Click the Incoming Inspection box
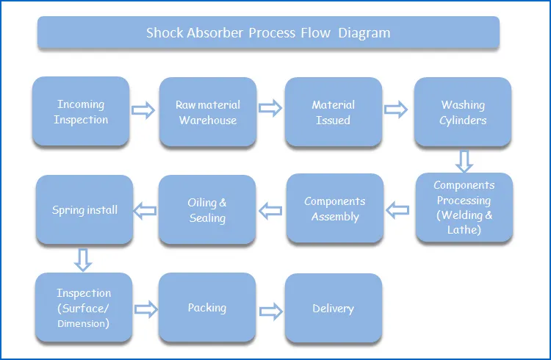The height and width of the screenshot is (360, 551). click(x=81, y=112)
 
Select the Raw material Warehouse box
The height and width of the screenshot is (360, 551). click(x=208, y=112)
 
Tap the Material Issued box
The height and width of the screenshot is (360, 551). click(x=334, y=112)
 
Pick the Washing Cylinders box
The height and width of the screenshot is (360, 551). click(x=463, y=112)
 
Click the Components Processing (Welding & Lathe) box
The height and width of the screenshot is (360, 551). click(x=464, y=208)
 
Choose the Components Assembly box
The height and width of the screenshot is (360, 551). click(x=335, y=209)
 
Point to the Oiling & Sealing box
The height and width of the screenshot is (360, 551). click(x=207, y=209)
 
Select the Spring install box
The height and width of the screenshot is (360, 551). click(x=84, y=210)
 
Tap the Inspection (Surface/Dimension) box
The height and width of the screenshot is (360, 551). click(x=84, y=307)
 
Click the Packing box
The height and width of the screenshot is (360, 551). click(x=207, y=307)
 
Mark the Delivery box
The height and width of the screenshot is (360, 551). click(x=334, y=308)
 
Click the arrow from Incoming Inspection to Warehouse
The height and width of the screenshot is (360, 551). click(x=143, y=110)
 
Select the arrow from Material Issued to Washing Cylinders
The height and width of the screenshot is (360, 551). click(x=397, y=110)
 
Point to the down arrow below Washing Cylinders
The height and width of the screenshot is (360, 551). click(x=464, y=160)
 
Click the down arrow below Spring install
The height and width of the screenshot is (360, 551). click(x=83, y=259)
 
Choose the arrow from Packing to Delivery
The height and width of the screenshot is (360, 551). click(x=270, y=309)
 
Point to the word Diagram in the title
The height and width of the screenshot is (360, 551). click(x=364, y=33)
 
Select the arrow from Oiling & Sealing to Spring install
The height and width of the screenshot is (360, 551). click(x=145, y=211)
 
